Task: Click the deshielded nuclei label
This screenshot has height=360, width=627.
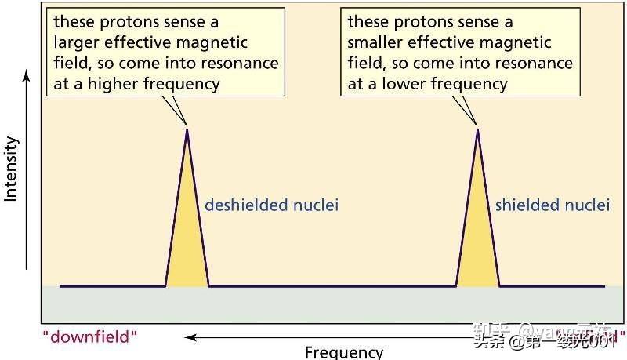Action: click(271, 205)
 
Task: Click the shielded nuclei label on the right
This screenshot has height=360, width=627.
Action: click(552, 205)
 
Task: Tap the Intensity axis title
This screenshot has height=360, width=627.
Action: click(11, 169)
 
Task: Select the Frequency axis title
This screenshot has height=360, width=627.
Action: click(344, 352)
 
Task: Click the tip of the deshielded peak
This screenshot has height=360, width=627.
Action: click(187, 129)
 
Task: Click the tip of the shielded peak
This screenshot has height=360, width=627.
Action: click(477, 129)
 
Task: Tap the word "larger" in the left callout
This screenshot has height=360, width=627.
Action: click(77, 42)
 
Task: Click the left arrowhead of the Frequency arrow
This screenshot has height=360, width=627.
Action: click(188, 338)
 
